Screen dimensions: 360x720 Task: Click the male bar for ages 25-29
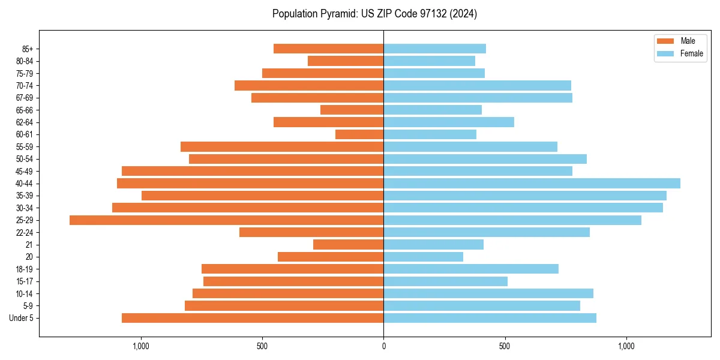226,220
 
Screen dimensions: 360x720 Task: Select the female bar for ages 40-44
532,183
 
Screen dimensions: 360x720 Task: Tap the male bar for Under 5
253,318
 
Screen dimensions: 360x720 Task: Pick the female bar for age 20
423,257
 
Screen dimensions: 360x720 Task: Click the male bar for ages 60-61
359,134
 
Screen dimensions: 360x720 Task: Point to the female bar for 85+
434,49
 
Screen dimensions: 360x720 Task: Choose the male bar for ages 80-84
346,61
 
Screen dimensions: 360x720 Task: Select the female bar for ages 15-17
445,281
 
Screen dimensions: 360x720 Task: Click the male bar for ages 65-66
352,110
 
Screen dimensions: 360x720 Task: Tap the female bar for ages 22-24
487,232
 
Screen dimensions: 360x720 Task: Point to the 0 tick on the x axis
383,346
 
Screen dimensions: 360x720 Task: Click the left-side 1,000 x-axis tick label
140,346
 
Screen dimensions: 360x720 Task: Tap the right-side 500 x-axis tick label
505,346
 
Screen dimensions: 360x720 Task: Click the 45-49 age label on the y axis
25,171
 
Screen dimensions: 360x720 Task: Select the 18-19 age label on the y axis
25,269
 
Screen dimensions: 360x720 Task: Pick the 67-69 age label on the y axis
25,98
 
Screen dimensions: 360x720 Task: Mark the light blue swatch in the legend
665,53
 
